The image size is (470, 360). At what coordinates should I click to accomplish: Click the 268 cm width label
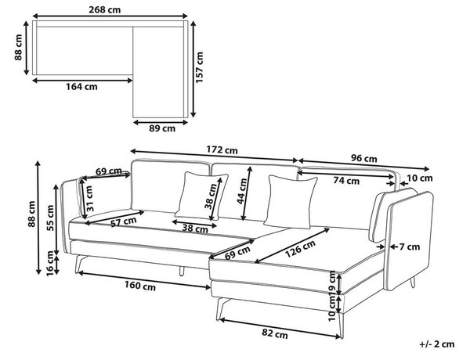click(x=105, y=10)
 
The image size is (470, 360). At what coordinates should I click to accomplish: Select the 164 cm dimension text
click(x=81, y=87)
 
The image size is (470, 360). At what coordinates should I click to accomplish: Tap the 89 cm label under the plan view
click(x=162, y=128)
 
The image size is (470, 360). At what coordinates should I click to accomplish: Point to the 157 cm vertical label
click(x=199, y=67)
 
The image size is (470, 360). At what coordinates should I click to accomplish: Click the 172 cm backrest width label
click(x=222, y=149)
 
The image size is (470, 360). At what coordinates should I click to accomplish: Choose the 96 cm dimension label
click(x=363, y=158)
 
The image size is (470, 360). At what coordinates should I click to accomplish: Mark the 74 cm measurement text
click(x=346, y=181)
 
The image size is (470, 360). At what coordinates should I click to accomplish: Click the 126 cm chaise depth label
click(x=300, y=249)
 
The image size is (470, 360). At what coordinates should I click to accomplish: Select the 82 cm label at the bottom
click(x=275, y=333)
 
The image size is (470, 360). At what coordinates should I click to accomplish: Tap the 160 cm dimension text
click(x=140, y=286)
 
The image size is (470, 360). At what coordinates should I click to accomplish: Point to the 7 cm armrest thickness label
click(x=410, y=247)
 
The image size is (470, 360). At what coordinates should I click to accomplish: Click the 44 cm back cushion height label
click(x=242, y=191)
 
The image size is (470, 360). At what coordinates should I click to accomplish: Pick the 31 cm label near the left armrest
click(x=89, y=198)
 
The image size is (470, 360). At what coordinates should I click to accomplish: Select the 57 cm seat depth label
click(x=124, y=221)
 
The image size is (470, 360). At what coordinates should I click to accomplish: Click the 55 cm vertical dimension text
click(x=50, y=218)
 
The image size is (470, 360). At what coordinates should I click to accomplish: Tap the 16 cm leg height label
click(x=50, y=264)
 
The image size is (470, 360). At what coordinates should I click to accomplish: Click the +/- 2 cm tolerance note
click(x=437, y=344)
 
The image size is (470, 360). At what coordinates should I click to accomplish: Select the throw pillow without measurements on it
click(x=291, y=202)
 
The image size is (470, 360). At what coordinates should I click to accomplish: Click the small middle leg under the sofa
click(x=182, y=271)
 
